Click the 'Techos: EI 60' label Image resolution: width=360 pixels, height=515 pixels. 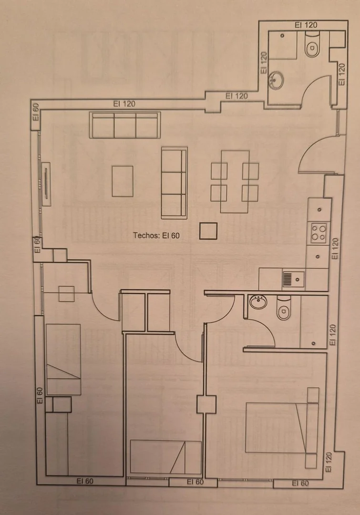pos(156,235)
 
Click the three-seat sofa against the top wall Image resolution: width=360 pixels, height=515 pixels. pos(125,125)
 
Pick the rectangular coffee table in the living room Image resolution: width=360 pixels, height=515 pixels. pos(123,181)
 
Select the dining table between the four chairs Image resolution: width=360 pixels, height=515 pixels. pos(235,182)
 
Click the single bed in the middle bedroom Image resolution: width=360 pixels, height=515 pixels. pos(165,457)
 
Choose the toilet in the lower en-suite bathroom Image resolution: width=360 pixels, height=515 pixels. pos(284,309)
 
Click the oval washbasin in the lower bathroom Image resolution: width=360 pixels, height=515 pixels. pos(258,301)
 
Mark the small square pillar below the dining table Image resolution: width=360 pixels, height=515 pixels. pos(208,231)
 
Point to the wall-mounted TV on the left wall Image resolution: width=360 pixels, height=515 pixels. pos(46,184)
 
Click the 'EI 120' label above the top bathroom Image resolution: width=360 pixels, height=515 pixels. pos(306,25)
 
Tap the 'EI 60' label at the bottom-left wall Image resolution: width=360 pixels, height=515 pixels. pos(85,481)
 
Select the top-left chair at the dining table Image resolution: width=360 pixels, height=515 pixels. pos(219,171)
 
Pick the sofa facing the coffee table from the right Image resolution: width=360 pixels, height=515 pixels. pos(174,183)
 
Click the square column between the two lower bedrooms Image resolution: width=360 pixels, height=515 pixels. pos(206,405)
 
